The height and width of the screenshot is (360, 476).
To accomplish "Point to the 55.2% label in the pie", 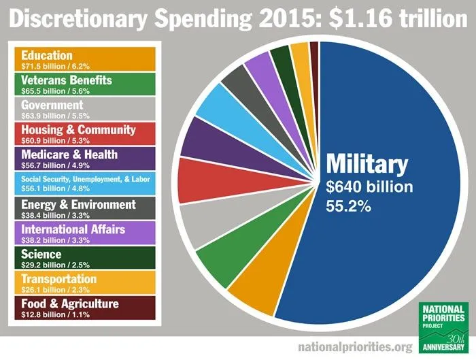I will click(x=349, y=206).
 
